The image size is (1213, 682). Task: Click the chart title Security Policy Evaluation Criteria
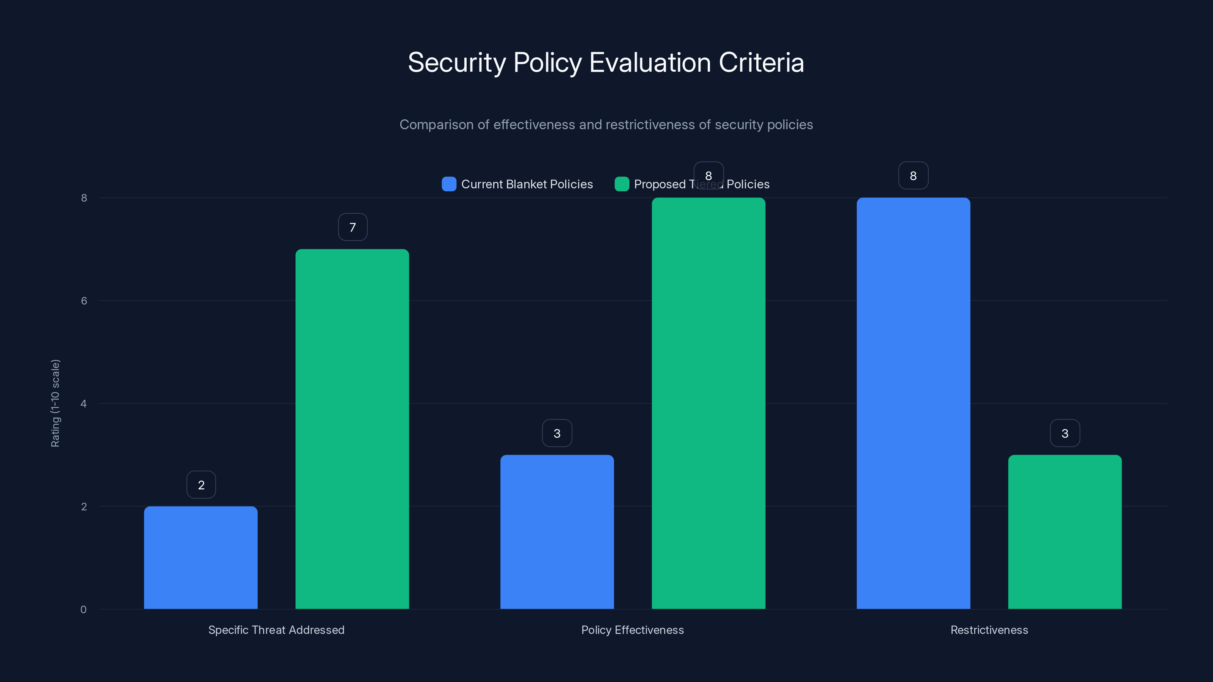coord(606,62)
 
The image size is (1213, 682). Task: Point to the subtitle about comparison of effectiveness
coord(606,125)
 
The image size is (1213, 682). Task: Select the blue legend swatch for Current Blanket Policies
coord(449,184)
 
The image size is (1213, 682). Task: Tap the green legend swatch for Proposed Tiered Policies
coord(622,184)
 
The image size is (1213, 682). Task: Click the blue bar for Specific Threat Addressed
coord(201,558)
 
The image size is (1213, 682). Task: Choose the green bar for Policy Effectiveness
coord(708,404)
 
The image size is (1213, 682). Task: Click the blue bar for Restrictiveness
coord(913,404)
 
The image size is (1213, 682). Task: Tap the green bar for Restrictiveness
coord(1065,532)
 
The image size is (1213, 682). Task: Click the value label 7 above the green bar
coord(353,227)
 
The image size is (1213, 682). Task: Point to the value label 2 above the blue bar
coord(201,485)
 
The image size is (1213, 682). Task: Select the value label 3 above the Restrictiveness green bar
coord(1065,433)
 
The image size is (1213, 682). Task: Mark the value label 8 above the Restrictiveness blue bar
coord(913,175)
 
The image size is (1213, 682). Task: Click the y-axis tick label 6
coord(84,301)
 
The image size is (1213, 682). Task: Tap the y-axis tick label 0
coord(83,610)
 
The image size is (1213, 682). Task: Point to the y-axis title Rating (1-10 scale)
coord(55,404)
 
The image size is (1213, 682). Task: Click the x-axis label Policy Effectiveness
coord(632,630)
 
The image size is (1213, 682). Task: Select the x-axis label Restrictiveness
coord(989,630)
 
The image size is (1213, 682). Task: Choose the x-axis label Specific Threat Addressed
coord(276,630)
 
